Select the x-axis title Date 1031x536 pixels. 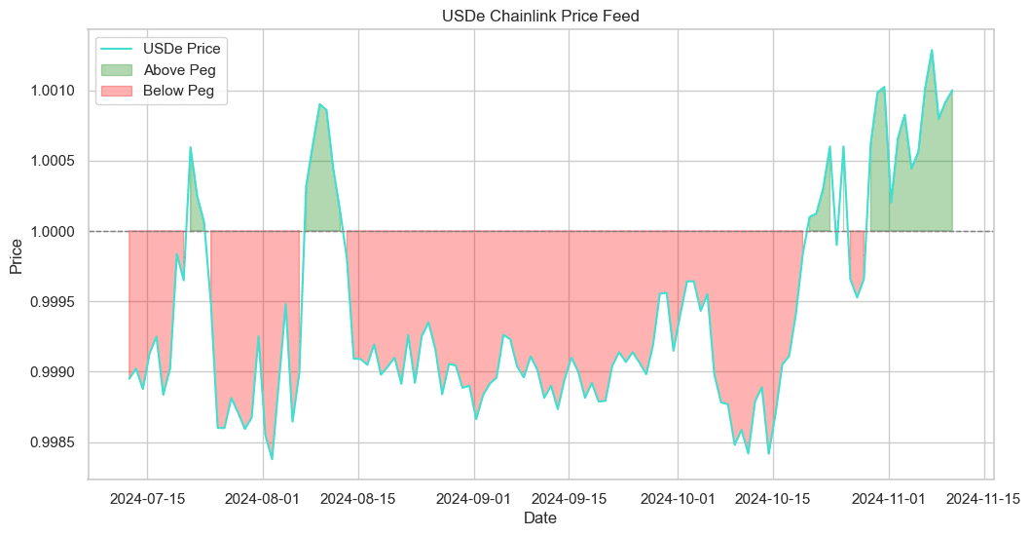coord(540,519)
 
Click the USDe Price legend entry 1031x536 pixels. coord(181,48)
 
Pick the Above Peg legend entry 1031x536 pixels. coord(179,69)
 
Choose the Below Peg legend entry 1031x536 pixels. coord(179,91)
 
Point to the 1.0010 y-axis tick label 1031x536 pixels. coord(54,91)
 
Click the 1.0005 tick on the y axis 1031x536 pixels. coord(54,161)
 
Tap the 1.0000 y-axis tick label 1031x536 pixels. coord(54,232)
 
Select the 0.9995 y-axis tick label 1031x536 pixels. coord(54,302)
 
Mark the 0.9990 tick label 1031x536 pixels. coord(54,372)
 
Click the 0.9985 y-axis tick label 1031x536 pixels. coord(54,442)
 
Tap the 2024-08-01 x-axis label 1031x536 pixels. coord(263,498)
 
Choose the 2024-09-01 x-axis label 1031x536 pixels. coord(475,498)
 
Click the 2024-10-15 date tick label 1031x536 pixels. coord(773,498)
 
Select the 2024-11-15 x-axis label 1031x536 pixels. coord(985,498)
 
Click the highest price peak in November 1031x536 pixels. coord(932,50)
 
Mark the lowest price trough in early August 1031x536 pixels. coord(272,459)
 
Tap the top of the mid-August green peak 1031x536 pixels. coord(319,103)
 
